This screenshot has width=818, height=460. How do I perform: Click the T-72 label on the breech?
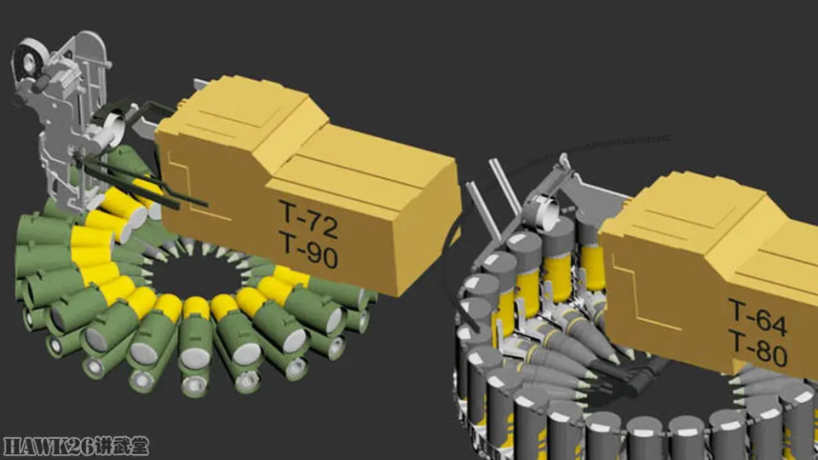tap(308, 219)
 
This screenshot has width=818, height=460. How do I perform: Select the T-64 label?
tap(758, 317)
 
